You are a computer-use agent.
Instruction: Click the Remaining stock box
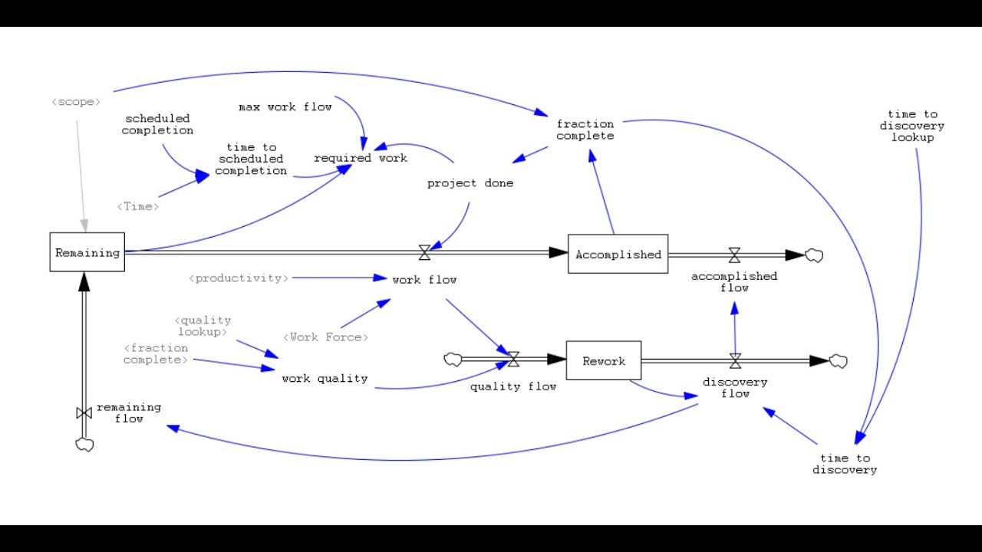pos(87,252)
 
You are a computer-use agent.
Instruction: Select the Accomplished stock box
pos(618,254)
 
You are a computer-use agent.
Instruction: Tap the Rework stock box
pos(604,360)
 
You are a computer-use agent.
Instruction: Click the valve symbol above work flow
pos(424,252)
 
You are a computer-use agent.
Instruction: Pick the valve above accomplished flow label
pos(735,255)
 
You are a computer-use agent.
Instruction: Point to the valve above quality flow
pos(513,359)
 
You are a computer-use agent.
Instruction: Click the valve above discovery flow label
pos(736,361)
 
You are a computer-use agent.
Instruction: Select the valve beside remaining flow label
pos(84,412)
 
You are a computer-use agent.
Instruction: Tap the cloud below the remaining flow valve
pos(84,445)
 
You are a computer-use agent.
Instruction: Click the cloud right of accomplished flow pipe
pos(814,255)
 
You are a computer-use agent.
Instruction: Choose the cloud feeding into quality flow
pos(453,360)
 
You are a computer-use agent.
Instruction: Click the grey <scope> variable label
pos(76,102)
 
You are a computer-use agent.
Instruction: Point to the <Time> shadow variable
pos(137,206)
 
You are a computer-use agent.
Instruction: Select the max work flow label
pos(285,107)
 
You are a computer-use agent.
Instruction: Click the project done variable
pos(470,183)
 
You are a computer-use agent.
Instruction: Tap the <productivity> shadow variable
pos(239,278)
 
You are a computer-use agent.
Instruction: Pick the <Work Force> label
pos(325,337)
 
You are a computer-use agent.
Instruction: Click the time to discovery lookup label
pos(912,126)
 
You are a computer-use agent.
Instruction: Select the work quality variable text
pos(325,378)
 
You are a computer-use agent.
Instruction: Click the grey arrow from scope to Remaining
pos(81,176)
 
